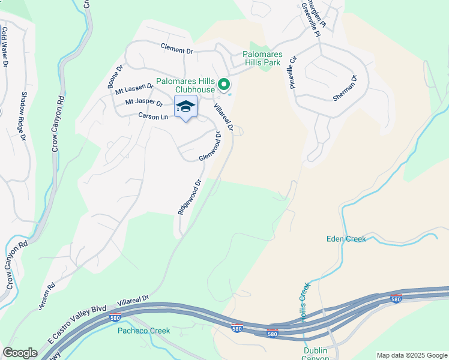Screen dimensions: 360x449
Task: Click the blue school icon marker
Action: (x=186, y=107)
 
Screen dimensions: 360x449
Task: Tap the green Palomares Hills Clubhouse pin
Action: (x=224, y=85)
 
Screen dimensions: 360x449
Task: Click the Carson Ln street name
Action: (x=153, y=116)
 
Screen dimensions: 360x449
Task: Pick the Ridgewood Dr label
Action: (x=188, y=196)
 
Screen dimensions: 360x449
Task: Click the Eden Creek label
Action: (x=346, y=239)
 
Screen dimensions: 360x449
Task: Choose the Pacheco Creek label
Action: (x=143, y=331)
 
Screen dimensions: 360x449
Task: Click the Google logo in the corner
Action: (x=20, y=353)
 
